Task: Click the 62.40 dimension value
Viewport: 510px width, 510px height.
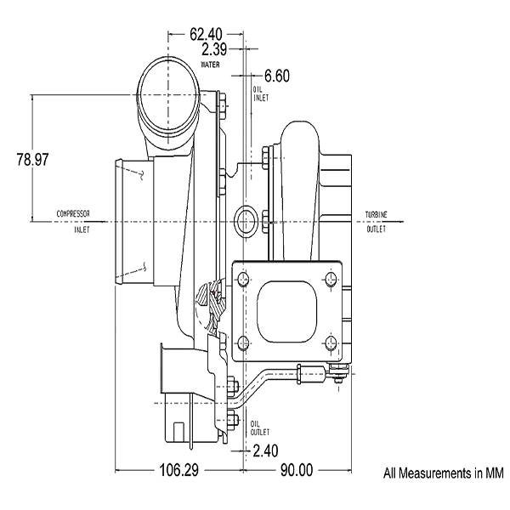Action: point(206,34)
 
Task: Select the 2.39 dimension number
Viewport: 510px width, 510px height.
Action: point(213,49)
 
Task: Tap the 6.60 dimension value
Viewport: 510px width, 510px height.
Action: point(277,76)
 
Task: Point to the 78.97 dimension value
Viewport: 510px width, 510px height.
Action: point(32,160)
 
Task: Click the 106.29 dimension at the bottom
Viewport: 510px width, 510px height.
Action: point(178,470)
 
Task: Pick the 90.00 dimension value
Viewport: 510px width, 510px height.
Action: point(297,470)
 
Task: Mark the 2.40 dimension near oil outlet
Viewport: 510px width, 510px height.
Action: point(265,450)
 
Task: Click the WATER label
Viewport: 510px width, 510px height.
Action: point(210,65)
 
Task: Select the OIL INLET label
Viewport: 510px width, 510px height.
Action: point(261,93)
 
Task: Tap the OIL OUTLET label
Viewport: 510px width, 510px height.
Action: point(260,428)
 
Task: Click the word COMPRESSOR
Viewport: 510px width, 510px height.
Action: point(73,213)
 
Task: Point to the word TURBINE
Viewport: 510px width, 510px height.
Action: point(377,215)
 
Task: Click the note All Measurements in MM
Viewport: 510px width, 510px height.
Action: point(444,473)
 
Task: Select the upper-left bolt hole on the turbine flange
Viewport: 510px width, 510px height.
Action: point(244,280)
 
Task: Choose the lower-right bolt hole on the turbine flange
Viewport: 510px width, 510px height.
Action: point(331,343)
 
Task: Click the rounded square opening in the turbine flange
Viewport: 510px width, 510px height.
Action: point(286,311)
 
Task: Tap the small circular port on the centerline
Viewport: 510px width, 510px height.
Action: point(246,222)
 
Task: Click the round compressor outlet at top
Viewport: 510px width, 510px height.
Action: point(167,95)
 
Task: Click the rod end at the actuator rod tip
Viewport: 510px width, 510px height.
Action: point(339,371)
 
